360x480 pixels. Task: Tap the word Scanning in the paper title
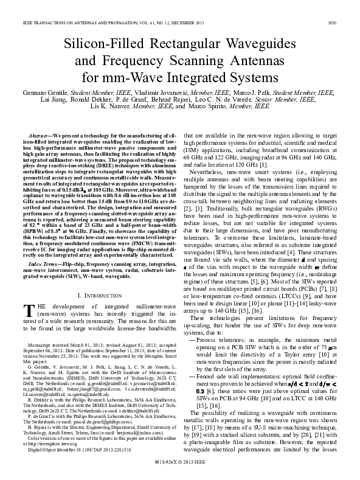click(x=206, y=61)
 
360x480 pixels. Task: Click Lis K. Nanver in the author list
click(x=109, y=106)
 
